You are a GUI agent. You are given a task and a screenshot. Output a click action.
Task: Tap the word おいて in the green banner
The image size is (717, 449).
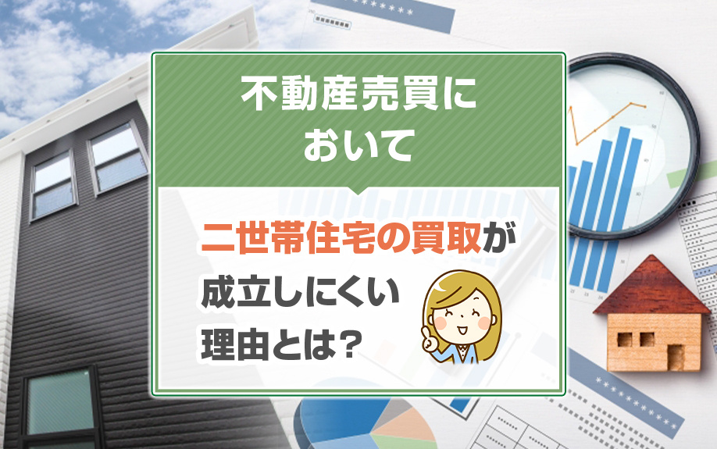357,146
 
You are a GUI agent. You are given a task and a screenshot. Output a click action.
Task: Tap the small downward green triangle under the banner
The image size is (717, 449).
358,192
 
